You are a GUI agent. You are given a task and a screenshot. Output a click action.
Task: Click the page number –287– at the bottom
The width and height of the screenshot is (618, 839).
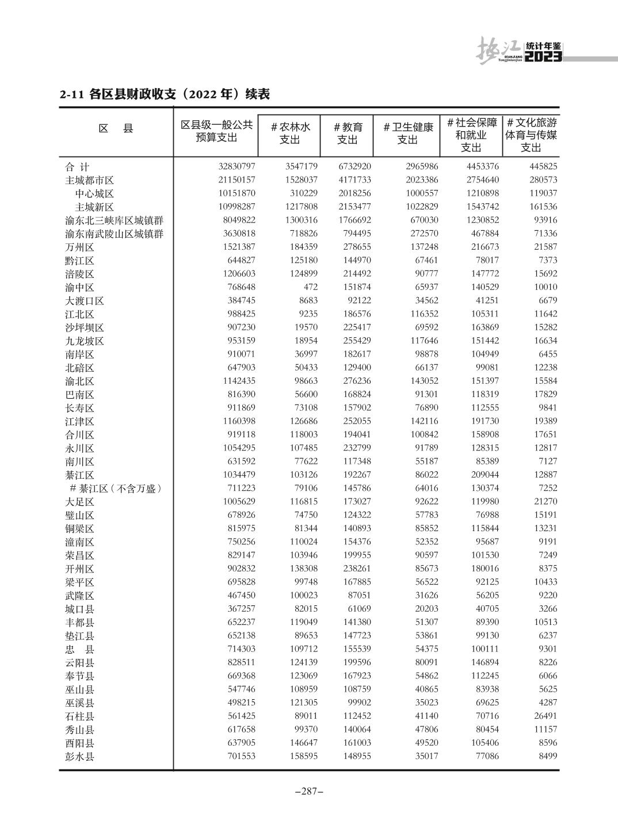[309, 791]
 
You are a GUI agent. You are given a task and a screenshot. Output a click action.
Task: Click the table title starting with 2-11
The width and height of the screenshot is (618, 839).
[165, 94]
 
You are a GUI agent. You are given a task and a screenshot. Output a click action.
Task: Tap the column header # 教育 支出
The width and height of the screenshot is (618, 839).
[348, 134]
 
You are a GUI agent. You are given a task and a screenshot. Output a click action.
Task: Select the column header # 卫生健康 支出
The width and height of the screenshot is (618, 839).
[407, 134]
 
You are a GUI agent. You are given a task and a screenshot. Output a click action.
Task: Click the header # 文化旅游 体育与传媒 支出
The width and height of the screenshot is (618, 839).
[531, 135]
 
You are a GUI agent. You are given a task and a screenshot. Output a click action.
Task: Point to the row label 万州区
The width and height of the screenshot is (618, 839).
[79, 247]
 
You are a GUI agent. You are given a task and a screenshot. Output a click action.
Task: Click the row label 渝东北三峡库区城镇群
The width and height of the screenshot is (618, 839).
[114, 220]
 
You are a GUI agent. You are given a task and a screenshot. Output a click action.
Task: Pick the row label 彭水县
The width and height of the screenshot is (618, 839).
[79, 757]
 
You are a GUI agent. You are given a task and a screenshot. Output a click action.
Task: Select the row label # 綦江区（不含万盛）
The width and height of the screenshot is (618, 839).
[116, 489]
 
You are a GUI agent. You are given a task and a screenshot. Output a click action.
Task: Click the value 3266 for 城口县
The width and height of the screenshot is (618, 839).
[547, 609]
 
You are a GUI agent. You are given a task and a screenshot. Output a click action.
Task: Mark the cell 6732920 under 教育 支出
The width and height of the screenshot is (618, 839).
[354, 167]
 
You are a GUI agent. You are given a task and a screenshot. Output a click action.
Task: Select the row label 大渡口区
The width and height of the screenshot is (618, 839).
[85, 301]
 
